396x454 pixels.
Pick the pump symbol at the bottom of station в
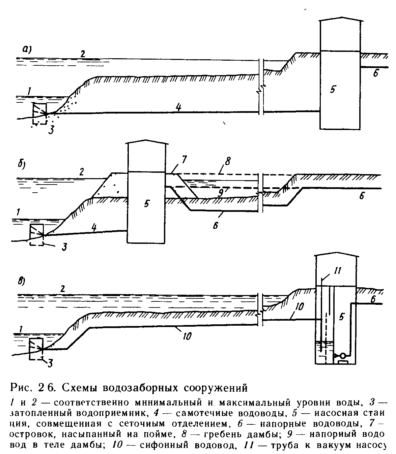click(341, 356)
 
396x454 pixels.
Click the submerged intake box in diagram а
click(39, 113)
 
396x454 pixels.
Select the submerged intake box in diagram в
click(36, 349)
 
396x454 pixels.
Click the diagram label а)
click(27, 50)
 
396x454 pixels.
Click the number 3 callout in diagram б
click(64, 247)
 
